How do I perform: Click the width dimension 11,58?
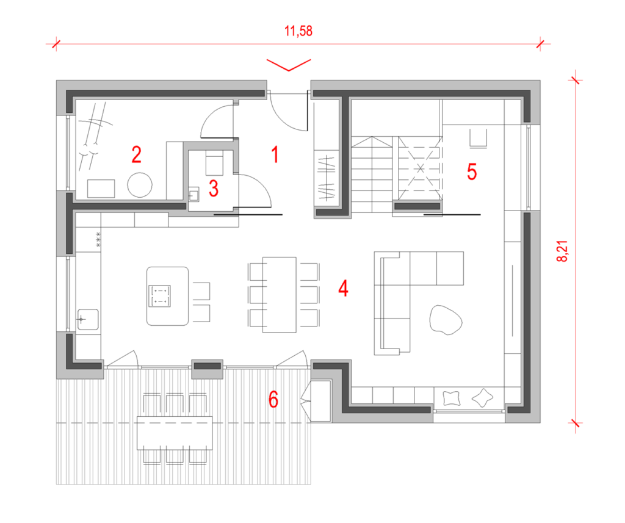tap(298, 31)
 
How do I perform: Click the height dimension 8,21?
tap(562, 251)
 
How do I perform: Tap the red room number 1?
tap(275, 154)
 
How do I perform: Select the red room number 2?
tap(136, 154)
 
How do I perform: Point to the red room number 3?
tap(214, 189)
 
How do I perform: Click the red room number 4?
tap(343, 288)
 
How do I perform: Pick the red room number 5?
tap(472, 172)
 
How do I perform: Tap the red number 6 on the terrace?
tap(273, 400)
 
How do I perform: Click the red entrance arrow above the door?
tap(289, 65)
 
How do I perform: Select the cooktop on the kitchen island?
tap(159, 296)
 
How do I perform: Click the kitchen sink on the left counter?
tap(88, 319)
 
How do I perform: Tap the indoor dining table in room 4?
tap(279, 295)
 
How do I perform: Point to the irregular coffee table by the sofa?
tap(446, 320)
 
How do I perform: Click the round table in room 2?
tap(140, 185)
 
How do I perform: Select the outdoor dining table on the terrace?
tap(175, 433)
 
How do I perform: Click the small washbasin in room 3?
tap(193, 195)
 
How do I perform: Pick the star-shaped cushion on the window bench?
tap(482, 397)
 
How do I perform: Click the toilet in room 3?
tap(214, 163)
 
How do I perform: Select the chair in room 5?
tap(478, 139)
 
